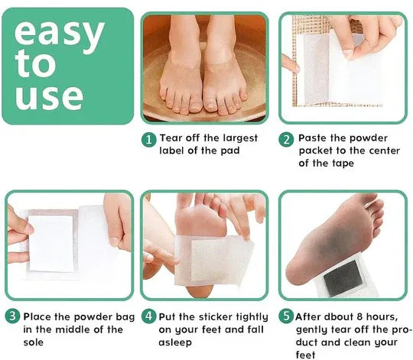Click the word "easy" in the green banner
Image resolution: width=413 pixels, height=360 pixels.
[60, 34]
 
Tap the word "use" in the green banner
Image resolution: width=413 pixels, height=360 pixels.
[49, 97]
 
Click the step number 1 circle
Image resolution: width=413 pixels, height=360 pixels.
[149, 139]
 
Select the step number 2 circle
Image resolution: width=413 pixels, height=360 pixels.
[286, 139]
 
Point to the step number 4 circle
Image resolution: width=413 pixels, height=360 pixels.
[149, 316]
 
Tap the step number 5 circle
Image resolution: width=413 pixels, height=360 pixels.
[286, 316]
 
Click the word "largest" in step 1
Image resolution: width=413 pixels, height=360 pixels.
[240, 138]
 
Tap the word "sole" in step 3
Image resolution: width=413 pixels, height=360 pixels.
[33, 342]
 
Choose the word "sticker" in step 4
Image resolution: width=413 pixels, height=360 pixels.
[216, 317]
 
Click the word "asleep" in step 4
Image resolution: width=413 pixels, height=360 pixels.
[175, 342]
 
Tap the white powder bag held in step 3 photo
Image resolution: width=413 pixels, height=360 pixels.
[50, 243]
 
